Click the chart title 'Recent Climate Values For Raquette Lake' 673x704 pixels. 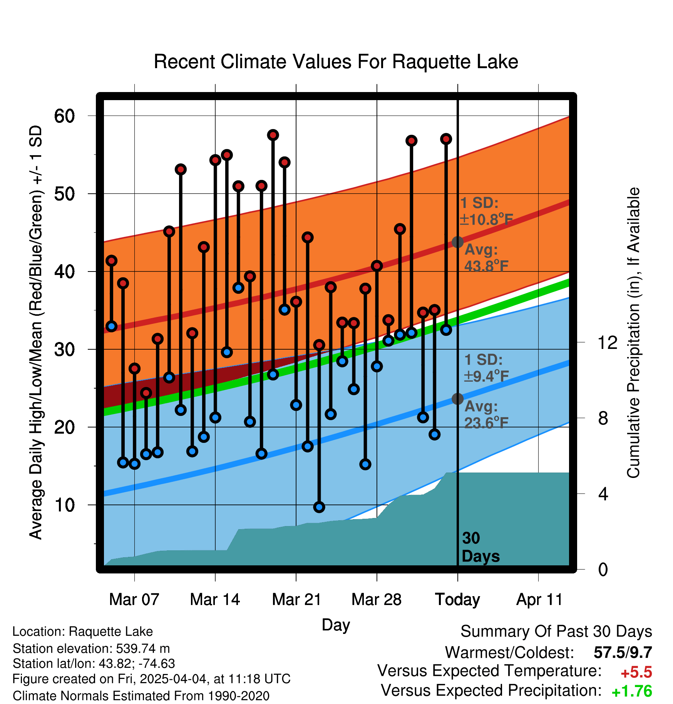pyautogui.click(x=336, y=62)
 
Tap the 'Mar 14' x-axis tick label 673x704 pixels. pyautogui.click(x=215, y=600)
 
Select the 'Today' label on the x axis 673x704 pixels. pyautogui.click(x=457, y=600)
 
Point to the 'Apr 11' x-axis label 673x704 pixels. pyautogui.click(x=539, y=600)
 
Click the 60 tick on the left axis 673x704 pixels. pyautogui.click(x=64, y=116)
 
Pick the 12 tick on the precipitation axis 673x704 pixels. pyautogui.click(x=607, y=342)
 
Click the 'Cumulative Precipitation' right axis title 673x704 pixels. pyautogui.click(x=633, y=333)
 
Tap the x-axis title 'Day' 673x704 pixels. pyautogui.click(x=336, y=625)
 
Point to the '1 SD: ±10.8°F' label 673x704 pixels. pyautogui.click(x=486, y=211)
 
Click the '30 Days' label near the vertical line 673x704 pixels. pyautogui.click(x=480, y=547)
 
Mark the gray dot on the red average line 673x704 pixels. pyautogui.click(x=457, y=242)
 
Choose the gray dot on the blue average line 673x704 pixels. pyautogui.click(x=457, y=399)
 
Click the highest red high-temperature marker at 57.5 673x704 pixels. pyautogui.click(x=273, y=135)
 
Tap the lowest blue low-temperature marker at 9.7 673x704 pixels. pyautogui.click(x=319, y=507)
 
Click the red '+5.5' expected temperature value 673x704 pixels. pyautogui.click(x=636, y=672)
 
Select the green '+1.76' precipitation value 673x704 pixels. pyautogui.click(x=632, y=692)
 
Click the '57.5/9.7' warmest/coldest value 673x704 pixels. pyautogui.click(x=623, y=652)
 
